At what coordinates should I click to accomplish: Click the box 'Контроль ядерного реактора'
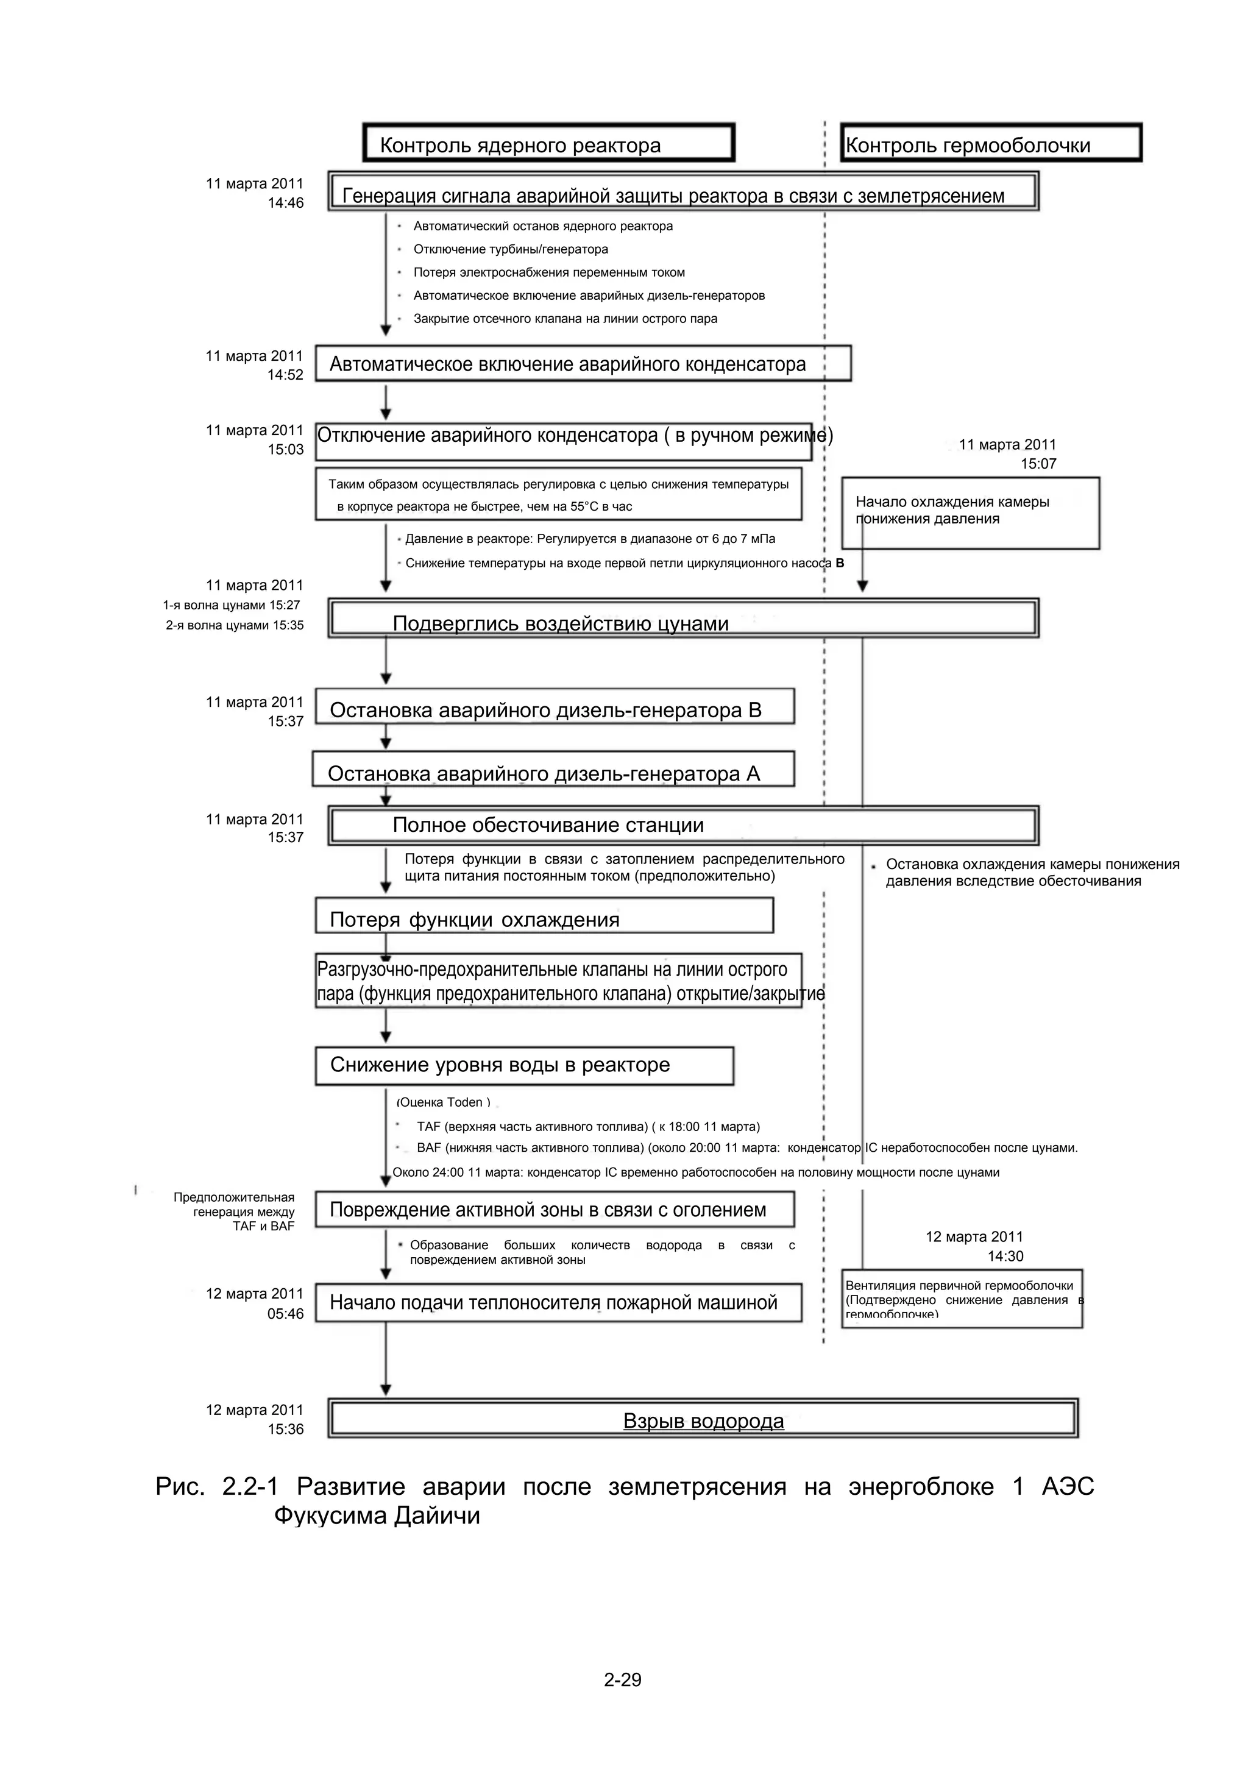coord(548,143)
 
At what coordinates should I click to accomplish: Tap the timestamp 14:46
coord(285,203)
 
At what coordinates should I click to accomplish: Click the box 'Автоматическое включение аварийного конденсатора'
coord(583,363)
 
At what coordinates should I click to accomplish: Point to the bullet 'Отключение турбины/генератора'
coord(511,249)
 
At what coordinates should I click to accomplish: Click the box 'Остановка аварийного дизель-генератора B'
coord(554,707)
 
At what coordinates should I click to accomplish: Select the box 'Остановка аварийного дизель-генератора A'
coord(552,769)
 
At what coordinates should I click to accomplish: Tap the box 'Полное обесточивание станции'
coord(683,825)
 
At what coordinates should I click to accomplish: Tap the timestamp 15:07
coord(1038,464)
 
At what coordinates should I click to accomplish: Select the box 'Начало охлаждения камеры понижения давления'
coord(970,512)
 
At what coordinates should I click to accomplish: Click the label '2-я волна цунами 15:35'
coord(235,625)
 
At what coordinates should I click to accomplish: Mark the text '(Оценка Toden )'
coord(443,1102)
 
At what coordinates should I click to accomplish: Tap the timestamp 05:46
coord(285,1314)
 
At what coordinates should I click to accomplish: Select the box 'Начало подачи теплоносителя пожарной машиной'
coord(558,1303)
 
